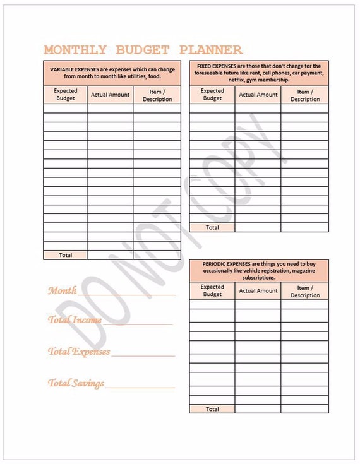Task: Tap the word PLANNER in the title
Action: (x=210, y=50)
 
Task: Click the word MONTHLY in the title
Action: (x=75, y=50)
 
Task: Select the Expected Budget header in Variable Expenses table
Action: (x=65, y=95)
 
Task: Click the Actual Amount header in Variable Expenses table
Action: (x=110, y=95)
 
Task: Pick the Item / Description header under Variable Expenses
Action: (x=157, y=95)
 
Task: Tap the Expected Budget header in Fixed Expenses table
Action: (x=212, y=95)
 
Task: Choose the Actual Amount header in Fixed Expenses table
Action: (x=258, y=95)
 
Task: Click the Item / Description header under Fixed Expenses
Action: (x=305, y=95)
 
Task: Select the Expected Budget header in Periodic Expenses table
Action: (x=212, y=290)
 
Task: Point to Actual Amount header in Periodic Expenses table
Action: (x=258, y=290)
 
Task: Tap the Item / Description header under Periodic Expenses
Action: (x=305, y=291)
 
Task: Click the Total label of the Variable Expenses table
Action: (x=65, y=255)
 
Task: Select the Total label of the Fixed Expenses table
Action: (x=212, y=227)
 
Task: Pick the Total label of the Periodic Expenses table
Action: (x=212, y=409)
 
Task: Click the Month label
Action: (x=62, y=290)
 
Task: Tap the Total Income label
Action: (x=75, y=319)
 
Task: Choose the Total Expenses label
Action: (x=79, y=352)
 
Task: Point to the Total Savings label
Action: (x=76, y=383)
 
